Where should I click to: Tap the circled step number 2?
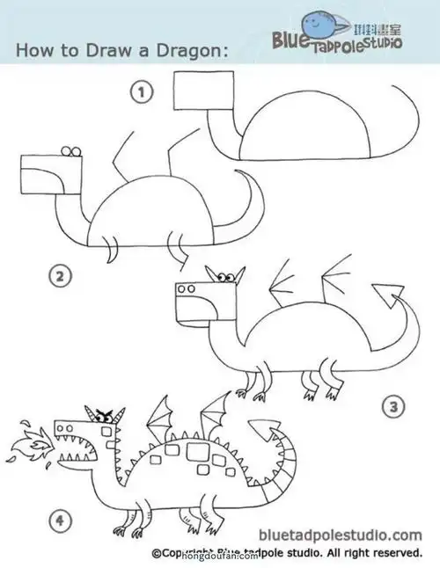(58, 278)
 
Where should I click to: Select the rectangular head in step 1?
(204, 92)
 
